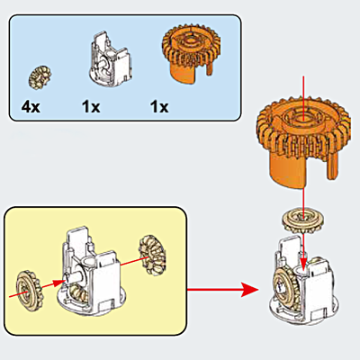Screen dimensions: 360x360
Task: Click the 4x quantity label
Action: [32, 106]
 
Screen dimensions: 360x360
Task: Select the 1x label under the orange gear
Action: [159, 106]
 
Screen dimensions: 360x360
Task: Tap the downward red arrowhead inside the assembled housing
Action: [303, 263]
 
